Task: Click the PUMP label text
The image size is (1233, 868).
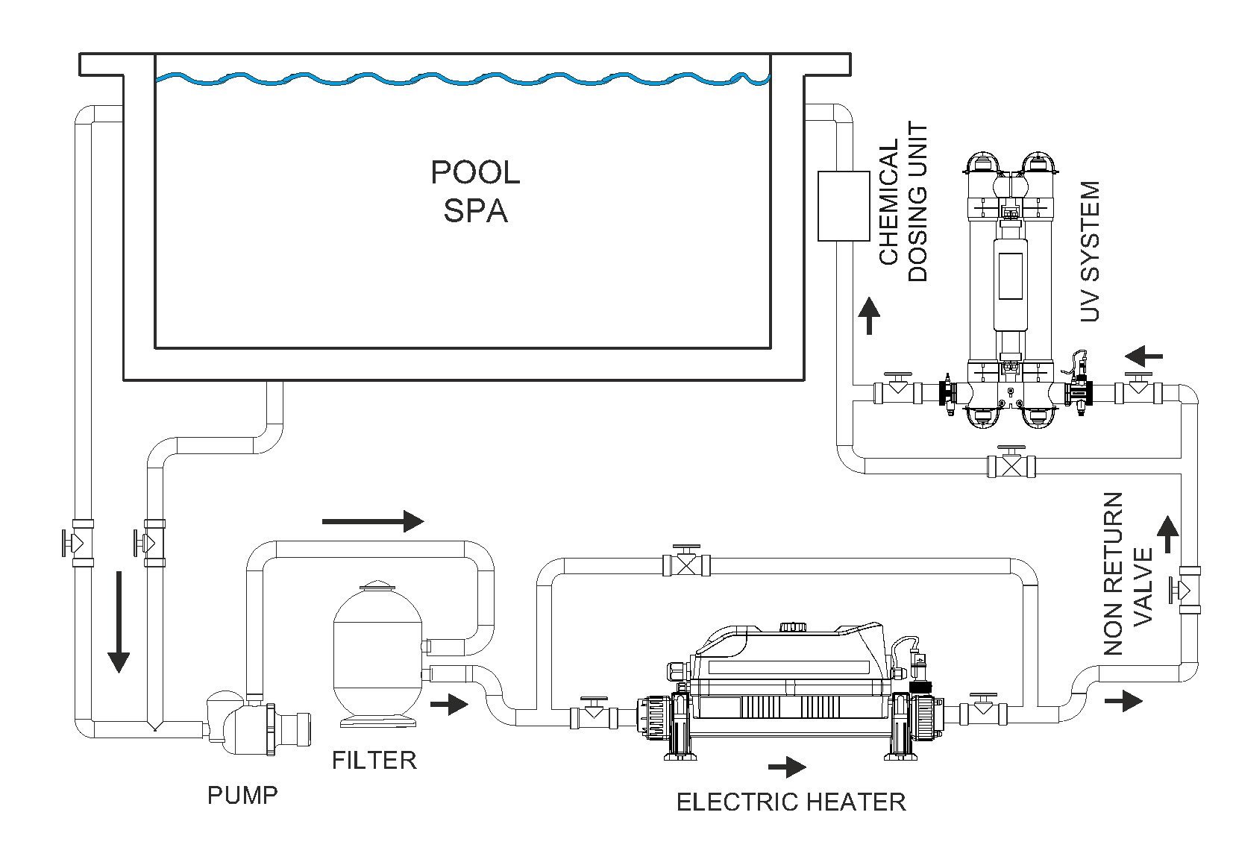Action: coord(242,796)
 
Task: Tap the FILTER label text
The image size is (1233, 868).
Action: coord(374,761)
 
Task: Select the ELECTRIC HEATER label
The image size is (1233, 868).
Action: coord(791,802)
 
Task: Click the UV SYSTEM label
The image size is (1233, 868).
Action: coord(1091,251)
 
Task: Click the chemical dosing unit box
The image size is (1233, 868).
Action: coord(844,207)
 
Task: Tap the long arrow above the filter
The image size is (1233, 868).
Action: coord(373,521)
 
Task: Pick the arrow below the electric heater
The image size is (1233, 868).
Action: coord(787,767)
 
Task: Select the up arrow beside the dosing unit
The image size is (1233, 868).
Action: coord(868,316)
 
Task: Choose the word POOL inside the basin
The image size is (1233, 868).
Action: coord(475,173)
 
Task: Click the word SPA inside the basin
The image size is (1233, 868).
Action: coord(475,211)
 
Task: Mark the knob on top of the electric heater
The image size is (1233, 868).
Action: coord(791,628)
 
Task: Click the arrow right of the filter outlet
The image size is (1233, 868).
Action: coord(449,703)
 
